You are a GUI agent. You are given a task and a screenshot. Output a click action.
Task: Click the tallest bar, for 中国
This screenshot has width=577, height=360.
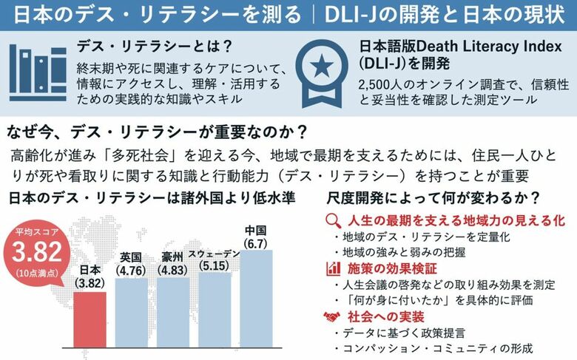pos(257,299)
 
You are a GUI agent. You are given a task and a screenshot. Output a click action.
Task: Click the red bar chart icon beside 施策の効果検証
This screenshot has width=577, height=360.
pos(333,269)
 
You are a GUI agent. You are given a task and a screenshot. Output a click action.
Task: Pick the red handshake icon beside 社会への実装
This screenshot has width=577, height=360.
pos(333,316)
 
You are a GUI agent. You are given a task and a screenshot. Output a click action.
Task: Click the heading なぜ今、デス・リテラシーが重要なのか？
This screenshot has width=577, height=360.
pos(158,133)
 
